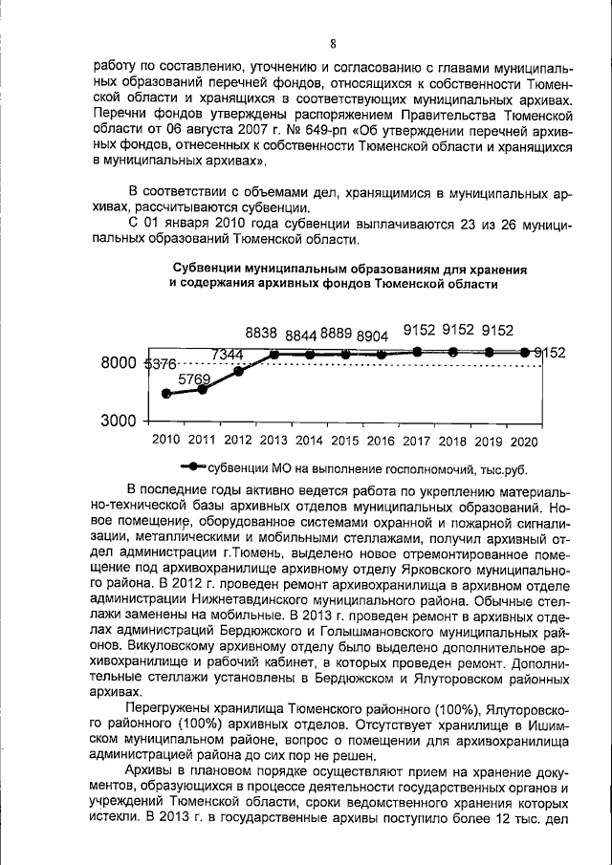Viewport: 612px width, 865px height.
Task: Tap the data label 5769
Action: (192, 378)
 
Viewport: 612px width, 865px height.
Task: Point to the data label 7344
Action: (227, 355)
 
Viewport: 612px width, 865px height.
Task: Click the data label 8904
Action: (372, 335)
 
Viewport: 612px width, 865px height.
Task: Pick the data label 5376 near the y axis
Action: (160, 364)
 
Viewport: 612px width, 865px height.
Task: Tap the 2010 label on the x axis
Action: (165, 442)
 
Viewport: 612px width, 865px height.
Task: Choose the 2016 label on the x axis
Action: (381, 442)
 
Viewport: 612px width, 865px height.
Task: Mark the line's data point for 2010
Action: (166, 393)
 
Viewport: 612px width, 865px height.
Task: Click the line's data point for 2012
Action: (238, 371)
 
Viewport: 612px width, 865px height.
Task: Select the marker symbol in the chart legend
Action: (192, 468)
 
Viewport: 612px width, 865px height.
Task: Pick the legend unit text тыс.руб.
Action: (503, 469)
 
